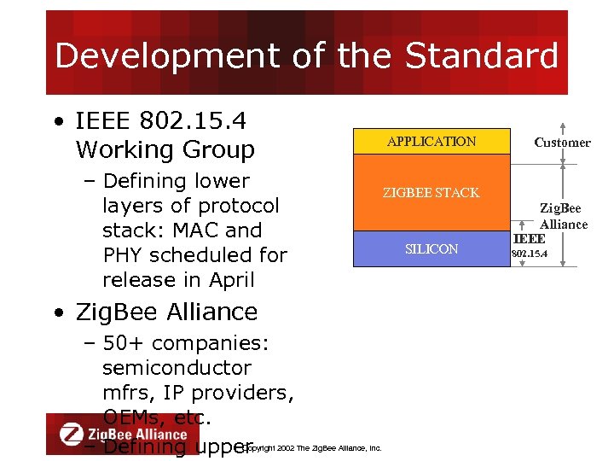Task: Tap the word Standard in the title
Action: (482, 56)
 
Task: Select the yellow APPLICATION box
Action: (432, 142)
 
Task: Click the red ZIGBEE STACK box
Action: (432, 193)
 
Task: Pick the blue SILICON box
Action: (432, 249)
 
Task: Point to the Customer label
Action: (562, 143)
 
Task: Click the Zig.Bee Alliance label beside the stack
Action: (562, 216)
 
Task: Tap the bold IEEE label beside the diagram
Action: (529, 239)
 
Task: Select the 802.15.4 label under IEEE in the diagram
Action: (529, 254)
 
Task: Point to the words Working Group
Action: (165, 149)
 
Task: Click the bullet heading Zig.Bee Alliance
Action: (166, 312)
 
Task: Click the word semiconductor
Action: (177, 368)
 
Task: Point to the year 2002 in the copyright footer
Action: (286, 447)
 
